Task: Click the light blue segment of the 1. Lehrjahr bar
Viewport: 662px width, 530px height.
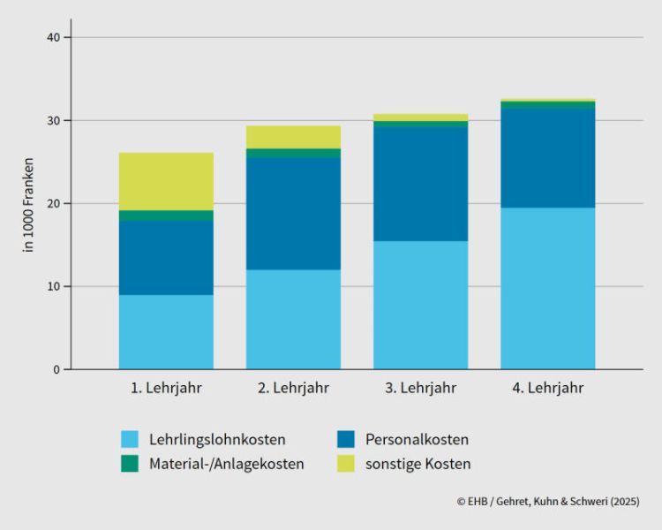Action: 166,332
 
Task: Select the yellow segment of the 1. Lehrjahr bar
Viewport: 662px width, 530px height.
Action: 166,181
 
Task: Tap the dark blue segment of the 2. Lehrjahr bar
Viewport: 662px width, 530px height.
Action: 293,214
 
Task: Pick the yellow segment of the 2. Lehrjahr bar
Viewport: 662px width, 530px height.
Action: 293,137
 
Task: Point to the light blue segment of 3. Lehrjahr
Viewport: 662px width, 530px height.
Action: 420,305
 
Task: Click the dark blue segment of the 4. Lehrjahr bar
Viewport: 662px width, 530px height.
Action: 547,158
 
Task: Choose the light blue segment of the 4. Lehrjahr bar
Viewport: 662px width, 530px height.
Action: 547,288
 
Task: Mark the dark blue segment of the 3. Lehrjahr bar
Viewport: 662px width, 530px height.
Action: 420,184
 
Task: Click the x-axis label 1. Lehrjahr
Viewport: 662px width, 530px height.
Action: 166,388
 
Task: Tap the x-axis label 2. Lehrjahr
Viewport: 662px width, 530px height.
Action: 293,388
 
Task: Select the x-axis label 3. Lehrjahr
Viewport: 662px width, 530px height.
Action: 420,388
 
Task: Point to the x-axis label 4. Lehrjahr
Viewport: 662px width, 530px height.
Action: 547,388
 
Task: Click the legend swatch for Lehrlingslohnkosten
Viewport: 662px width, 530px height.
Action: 131,439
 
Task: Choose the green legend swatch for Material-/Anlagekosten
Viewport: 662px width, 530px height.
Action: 131,464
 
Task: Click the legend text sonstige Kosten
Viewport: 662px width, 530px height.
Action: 418,464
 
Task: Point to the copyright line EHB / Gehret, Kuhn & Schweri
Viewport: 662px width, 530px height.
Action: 548,501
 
